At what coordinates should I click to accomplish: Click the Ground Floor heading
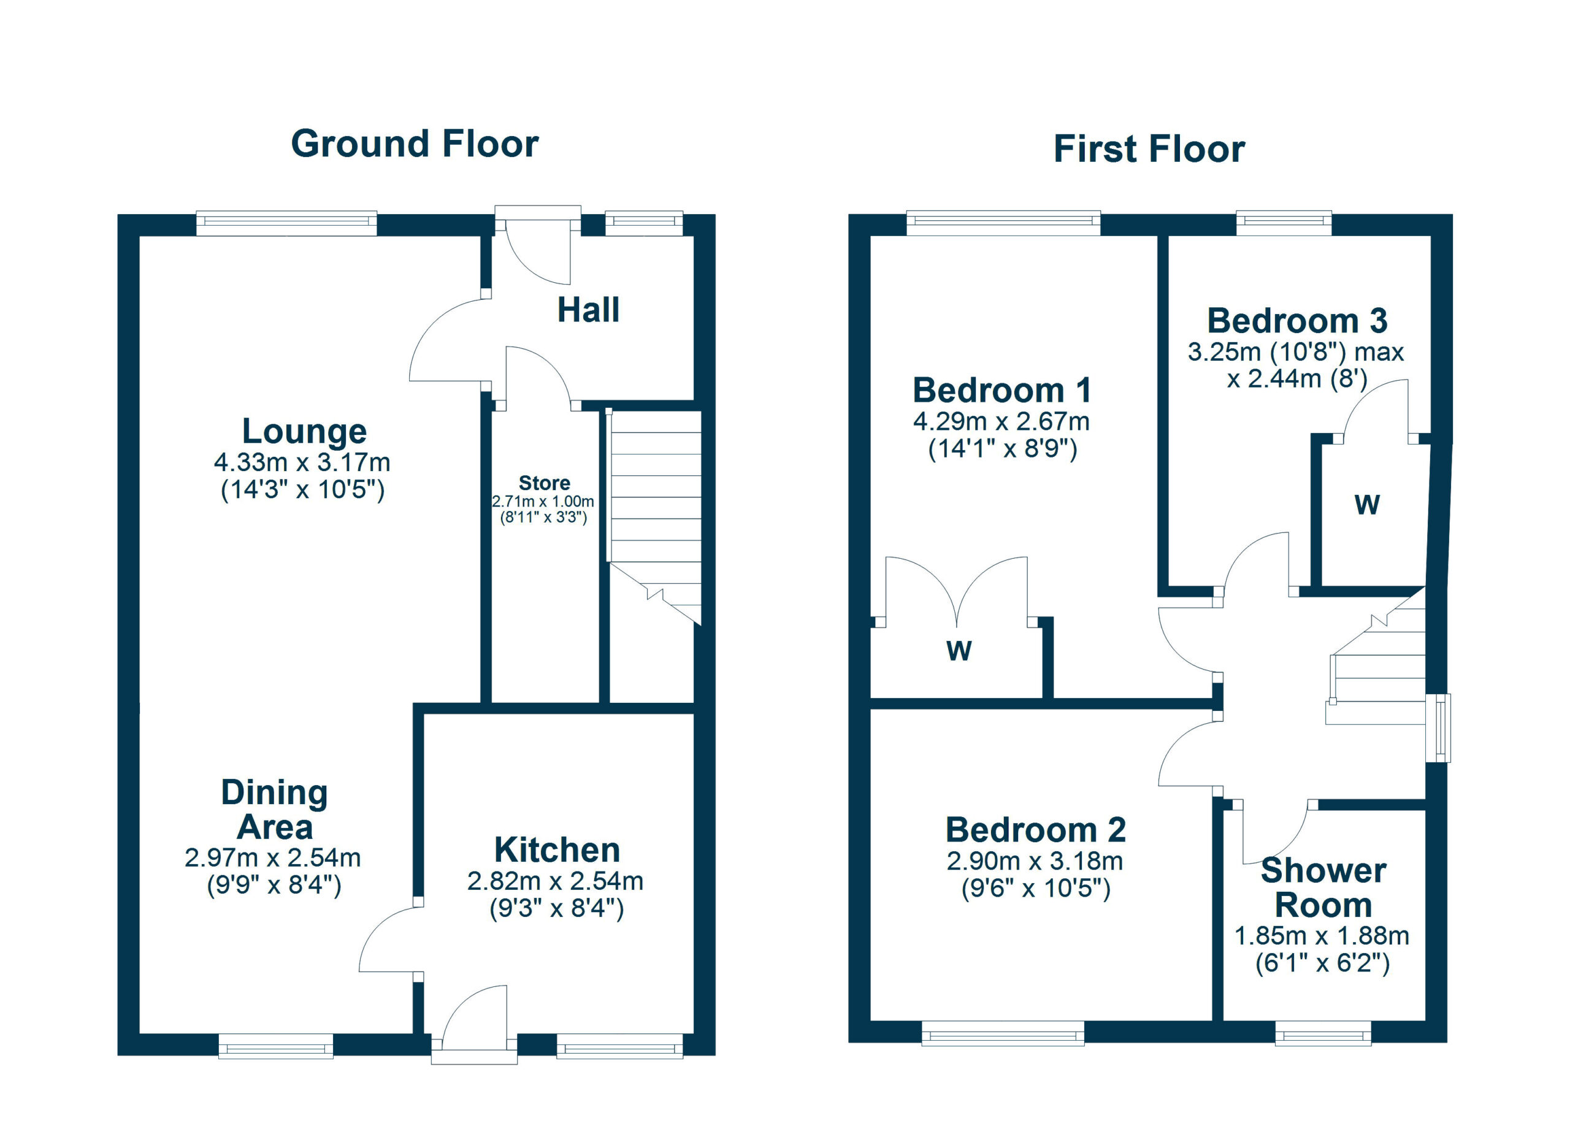[415, 144]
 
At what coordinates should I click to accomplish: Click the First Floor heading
[1149, 149]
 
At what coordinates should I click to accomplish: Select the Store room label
[544, 483]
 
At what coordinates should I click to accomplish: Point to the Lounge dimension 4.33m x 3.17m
[302, 462]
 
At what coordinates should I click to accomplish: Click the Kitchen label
[557, 850]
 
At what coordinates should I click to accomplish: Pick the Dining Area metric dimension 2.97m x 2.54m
[273, 858]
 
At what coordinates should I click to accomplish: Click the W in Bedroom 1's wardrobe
[959, 651]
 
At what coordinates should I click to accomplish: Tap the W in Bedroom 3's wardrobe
[1367, 505]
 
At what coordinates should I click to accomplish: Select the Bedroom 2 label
[1036, 830]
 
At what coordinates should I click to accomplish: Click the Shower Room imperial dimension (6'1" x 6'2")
[1323, 963]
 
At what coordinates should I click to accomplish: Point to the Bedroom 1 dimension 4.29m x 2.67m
[1001, 421]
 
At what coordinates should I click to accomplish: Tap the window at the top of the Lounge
[286, 223]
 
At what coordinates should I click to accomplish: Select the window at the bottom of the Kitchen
[619, 1046]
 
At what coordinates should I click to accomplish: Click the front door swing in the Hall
[538, 253]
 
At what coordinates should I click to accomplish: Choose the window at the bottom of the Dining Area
[275, 1046]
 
